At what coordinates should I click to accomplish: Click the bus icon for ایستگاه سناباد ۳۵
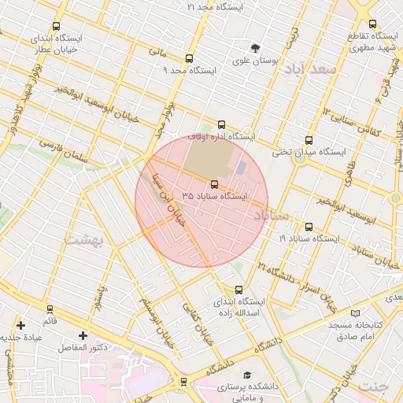[x=214, y=184]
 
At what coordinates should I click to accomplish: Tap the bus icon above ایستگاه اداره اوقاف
[x=221, y=124]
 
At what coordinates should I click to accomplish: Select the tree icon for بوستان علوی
[x=255, y=47]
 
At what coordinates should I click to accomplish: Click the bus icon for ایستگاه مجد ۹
[x=188, y=58]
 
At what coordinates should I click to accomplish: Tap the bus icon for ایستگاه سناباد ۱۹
[x=308, y=227]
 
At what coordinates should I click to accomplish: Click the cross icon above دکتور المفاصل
[x=83, y=335]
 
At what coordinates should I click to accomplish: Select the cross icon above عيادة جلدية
[x=20, y=325]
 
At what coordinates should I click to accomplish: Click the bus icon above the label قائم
[x=50, y=309]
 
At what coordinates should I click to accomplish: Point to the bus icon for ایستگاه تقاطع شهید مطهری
[x=372, y=24]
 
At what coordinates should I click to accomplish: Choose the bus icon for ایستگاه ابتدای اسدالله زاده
[x=239, y=290]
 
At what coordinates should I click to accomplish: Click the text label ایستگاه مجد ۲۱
[x=215, y=6]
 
